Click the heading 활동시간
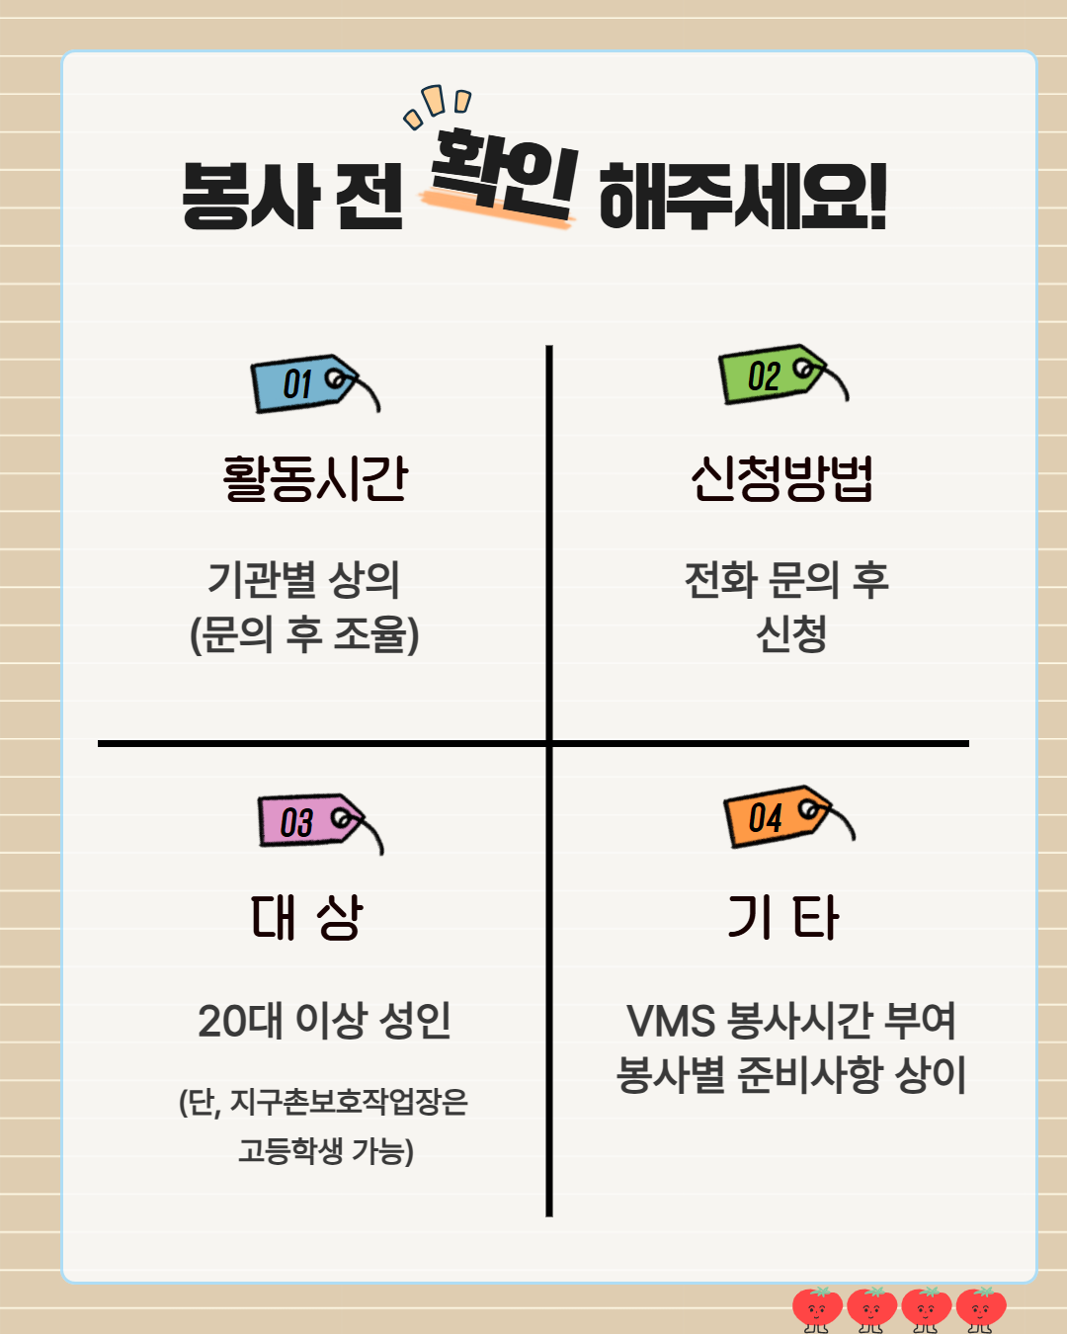[x=315, y=478]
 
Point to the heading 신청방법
[x=781, y=478]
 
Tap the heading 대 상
[x=307, y=917]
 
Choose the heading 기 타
[x=783, y=917]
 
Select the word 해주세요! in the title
[x=743, y=197]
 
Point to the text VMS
[x=671, y=1022]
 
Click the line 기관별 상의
[x=303, y=580]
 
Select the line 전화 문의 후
[x=786, y=580]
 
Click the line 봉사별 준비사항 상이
[x=791, y=1075]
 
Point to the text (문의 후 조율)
[x=304, y=634]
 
